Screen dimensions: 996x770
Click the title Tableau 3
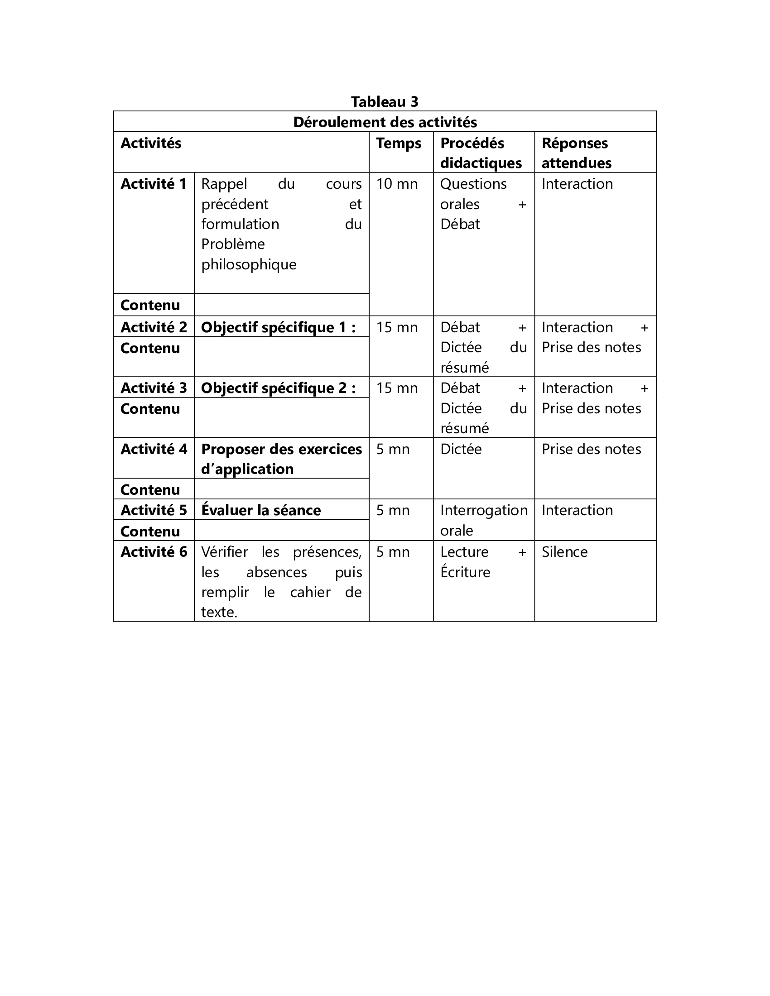coord(385,102)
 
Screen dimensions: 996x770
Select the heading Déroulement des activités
coord(385,122)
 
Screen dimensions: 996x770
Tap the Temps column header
coord(398,143)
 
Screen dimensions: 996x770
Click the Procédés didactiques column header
coord(481,153)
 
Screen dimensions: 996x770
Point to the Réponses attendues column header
coord(576,153)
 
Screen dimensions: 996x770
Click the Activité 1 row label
coord(154,184)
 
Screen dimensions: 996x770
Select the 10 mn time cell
coord(397,184)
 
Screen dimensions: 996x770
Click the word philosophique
coord(249,264)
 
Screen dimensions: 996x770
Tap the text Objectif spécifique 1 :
coord(278,327)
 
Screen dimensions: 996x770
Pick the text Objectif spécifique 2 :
coord(278,388)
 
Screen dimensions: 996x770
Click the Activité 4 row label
coord(154,449)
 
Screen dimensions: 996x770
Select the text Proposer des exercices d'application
coord(281,459)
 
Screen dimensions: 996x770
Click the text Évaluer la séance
coord(261,510)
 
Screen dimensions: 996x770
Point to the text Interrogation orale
coord(484,520)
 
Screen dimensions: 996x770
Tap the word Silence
coord(564,552)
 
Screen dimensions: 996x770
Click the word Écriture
coord(465,572)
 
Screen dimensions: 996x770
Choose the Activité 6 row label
coord(154,552)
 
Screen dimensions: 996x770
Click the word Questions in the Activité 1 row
coord(473,184)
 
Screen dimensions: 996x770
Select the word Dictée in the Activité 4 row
coord(461,449)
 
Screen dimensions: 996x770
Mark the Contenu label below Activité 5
coord(150,532)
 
